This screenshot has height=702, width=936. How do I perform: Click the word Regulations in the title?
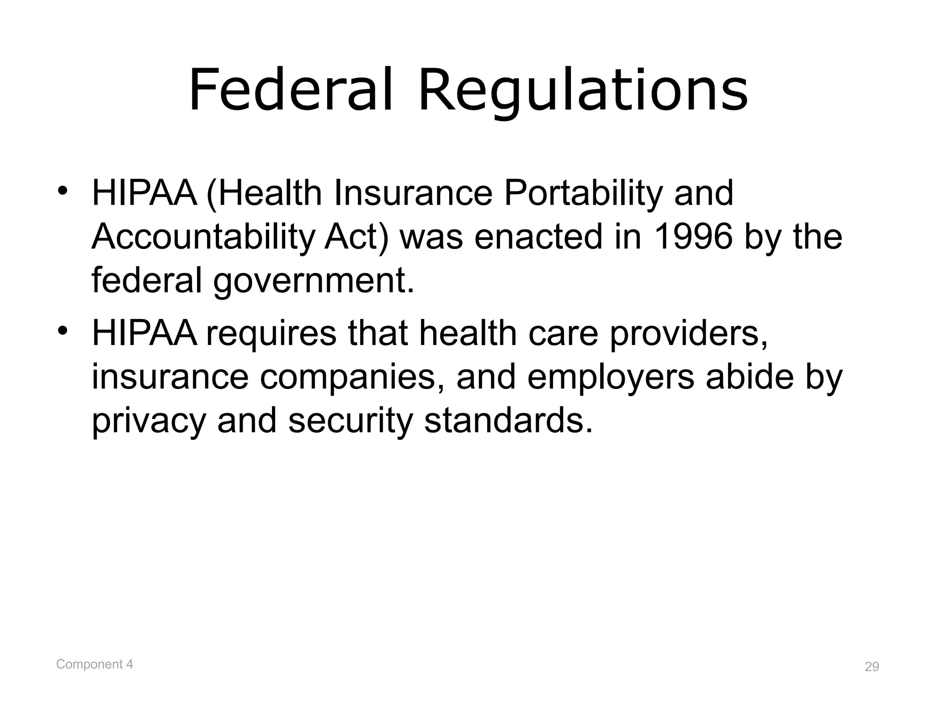(x=583, y=91)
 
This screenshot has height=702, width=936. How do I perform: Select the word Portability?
(x=583, y=194)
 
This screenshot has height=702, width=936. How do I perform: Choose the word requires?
(x=271, y=334)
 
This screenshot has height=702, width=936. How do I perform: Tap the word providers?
(x=689, y=334)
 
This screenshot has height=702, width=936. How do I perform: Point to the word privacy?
(x=149, y=421)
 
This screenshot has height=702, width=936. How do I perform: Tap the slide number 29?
(x=872, y=667)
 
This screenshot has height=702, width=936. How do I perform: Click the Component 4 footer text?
(x=95, y=664)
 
